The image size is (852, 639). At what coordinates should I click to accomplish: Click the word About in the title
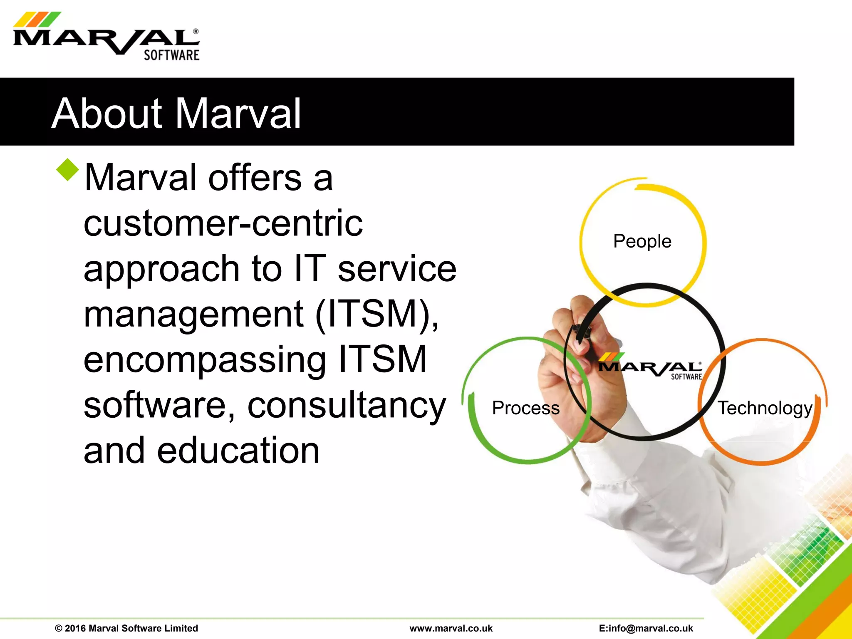click(106, 113)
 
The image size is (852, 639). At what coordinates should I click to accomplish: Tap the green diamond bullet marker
click(67, 170)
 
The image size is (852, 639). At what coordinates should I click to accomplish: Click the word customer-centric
click(223, 223)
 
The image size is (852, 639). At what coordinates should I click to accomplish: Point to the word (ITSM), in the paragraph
click(377, 314)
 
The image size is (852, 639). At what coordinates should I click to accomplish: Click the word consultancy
click(347, 406)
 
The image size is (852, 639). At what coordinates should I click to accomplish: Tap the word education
click(238, 451)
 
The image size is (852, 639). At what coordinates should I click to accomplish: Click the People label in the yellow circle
click(642, 241)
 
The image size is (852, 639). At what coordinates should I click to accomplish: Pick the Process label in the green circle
click(525, 408)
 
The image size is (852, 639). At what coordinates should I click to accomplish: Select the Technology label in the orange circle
click(765, 408)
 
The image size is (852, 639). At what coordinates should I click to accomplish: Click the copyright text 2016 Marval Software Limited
click(126, 628)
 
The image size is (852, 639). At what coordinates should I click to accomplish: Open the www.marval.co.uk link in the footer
click(451, 628)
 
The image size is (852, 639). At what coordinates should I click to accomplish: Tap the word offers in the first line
click(255, 178)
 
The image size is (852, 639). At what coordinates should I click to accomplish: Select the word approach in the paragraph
click(161, 269)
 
